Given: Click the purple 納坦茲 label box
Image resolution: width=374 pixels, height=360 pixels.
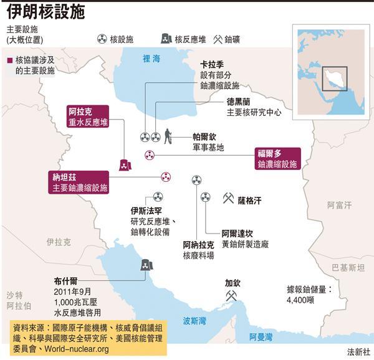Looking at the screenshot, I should pyautogui.click(x=80, y=182).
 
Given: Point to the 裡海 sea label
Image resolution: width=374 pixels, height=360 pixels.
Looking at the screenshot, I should pyautogui.click(x=151, y=59).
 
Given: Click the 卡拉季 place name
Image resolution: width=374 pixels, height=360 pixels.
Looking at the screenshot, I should pyautogui.click(x=212, y=64).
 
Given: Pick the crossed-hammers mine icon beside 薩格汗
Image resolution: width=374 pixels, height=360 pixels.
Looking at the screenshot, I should pyautogui.click(x=228, y=199).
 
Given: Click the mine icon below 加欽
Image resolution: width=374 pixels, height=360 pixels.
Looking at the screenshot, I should pyautogui.click(x=231, y=296).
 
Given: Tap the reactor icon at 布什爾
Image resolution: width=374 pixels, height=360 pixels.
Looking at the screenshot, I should pyautogui.click(x=145, y=266).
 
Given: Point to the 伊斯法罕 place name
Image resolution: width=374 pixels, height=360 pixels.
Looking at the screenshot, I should pyautogui.click(x=146, y=211).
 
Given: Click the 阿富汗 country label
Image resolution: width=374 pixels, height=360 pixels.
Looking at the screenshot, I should pyautogui.click(x=339, y=204).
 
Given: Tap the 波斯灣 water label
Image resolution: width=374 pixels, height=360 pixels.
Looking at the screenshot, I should pyautogui.click(x=195, y=321).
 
